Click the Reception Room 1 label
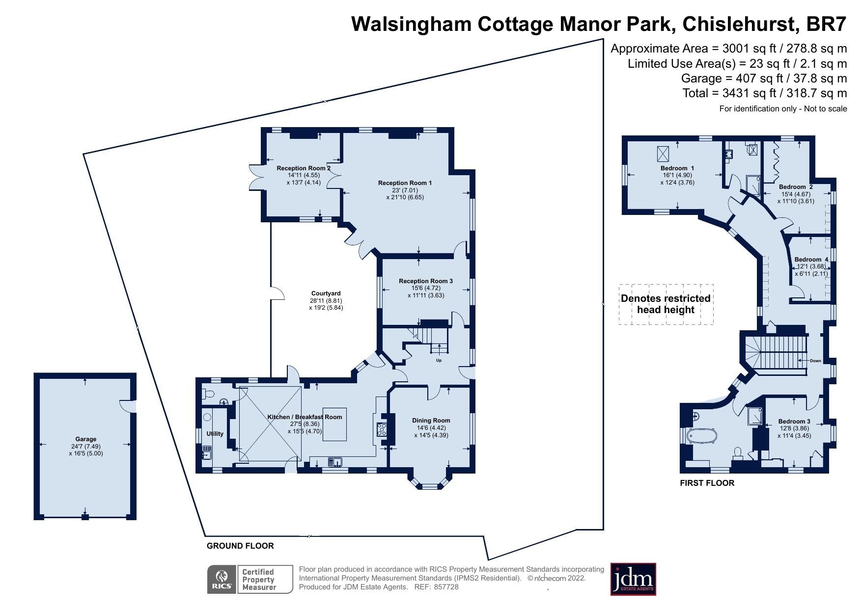405,183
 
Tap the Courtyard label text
326,293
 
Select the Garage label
86,439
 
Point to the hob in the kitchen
382,430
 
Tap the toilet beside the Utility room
208,394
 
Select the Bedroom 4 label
811,260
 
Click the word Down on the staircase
815,361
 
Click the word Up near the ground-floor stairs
439,360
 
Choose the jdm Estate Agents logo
633,579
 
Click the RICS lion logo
222,579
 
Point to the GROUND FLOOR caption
240,546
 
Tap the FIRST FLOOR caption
707,483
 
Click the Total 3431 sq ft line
764,93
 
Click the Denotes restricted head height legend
666,304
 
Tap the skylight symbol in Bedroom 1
663,154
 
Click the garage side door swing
129,406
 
